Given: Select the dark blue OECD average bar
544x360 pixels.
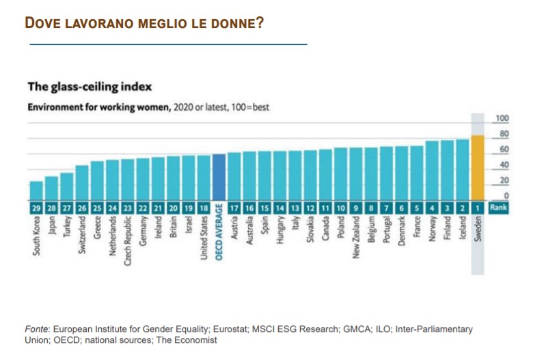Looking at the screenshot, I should click(x=219, y=177).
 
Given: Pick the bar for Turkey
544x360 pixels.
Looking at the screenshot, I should click(x=66, y=186).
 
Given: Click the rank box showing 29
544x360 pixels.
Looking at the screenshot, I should click(x=36, y=207).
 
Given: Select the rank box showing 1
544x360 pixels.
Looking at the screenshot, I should click(x=478, y=207).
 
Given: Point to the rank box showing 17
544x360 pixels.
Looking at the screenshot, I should click(x=234, y=207).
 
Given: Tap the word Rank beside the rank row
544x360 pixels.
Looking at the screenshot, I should click(x=498, y=207).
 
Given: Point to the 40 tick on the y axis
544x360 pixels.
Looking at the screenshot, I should click(x=504, y=165).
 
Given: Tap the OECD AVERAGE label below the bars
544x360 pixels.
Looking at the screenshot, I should click(x=219, y=238).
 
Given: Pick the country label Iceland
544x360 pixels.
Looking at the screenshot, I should click(x=463, y=230).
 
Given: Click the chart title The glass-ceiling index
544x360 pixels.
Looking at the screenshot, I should click(x=89, y=87).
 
